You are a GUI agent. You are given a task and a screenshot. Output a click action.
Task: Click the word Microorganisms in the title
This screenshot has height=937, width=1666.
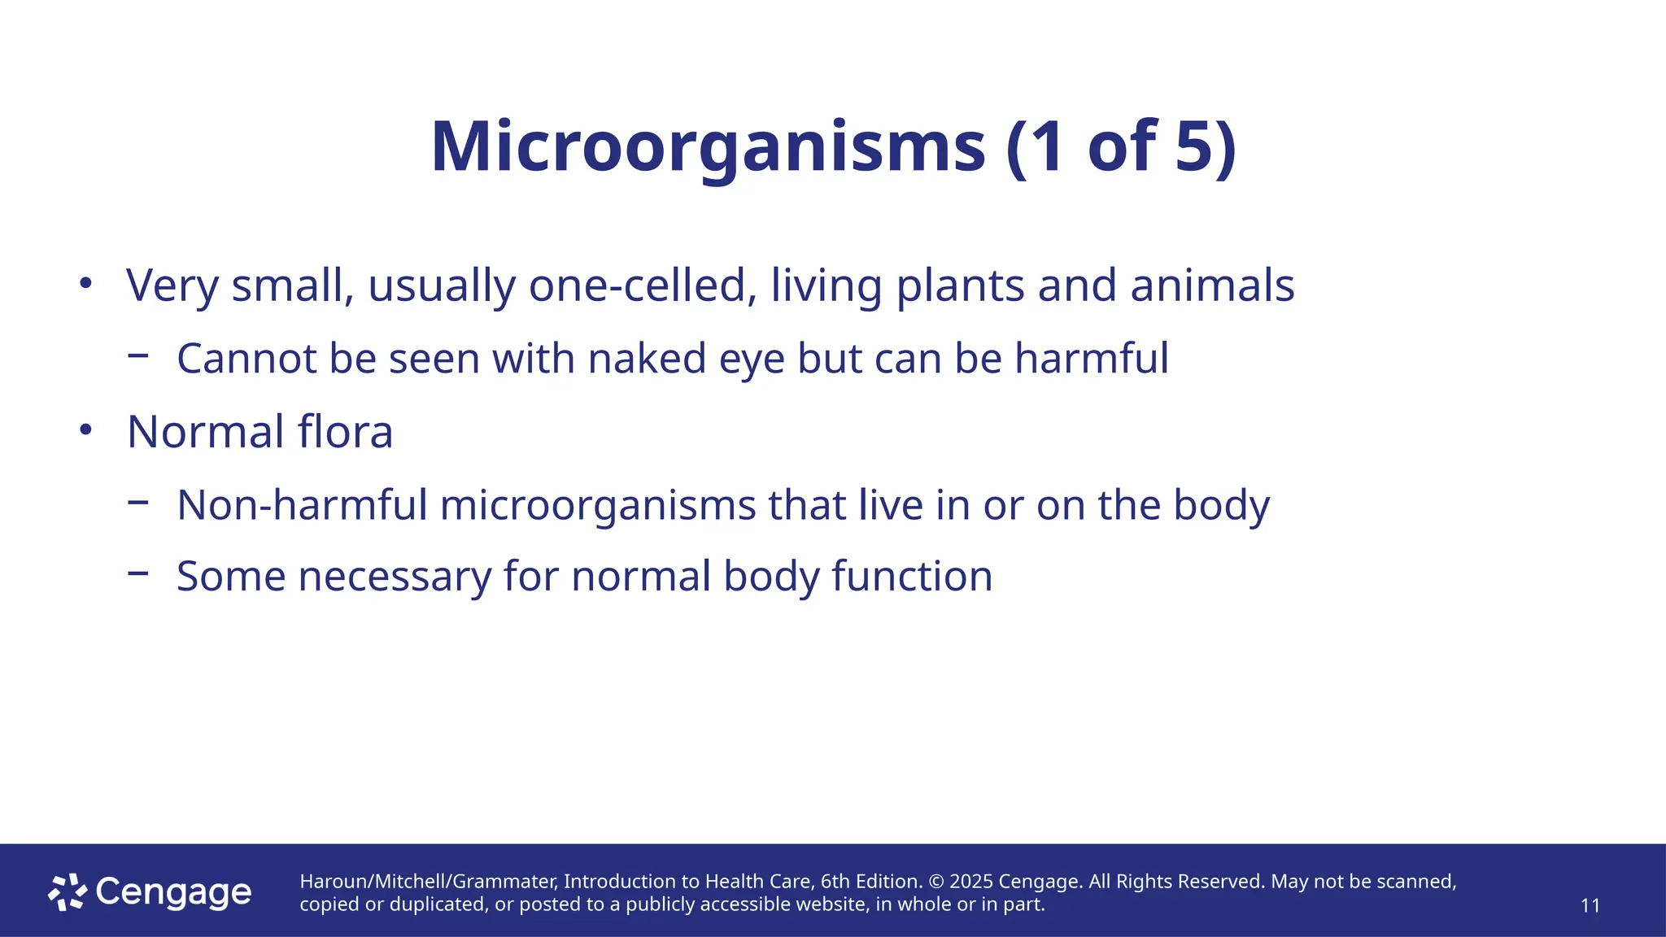coord(708,148)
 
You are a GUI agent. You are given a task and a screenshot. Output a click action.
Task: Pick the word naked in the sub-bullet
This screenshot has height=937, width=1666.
coord(647,359)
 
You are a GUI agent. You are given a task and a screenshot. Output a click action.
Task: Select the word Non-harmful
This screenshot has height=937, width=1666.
coord(302,505)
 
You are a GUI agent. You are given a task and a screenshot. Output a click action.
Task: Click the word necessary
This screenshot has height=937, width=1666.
coord(395,577)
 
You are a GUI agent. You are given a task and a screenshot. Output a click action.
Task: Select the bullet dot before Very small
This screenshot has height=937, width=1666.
coord(86,284)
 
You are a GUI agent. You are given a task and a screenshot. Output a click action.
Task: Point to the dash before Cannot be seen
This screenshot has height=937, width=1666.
coord(138,355)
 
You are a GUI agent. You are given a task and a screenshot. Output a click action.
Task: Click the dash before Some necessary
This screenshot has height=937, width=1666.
coord(138,573)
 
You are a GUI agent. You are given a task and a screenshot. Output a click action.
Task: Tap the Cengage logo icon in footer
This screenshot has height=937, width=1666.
coord(67,892)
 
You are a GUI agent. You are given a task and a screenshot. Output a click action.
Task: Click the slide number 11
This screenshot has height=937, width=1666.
coord(1590,905)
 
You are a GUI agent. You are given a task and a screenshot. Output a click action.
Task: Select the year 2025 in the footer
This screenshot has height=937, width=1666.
coord(971,882)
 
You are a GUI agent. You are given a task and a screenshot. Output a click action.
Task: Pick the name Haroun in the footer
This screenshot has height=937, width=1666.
coord(332,882)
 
